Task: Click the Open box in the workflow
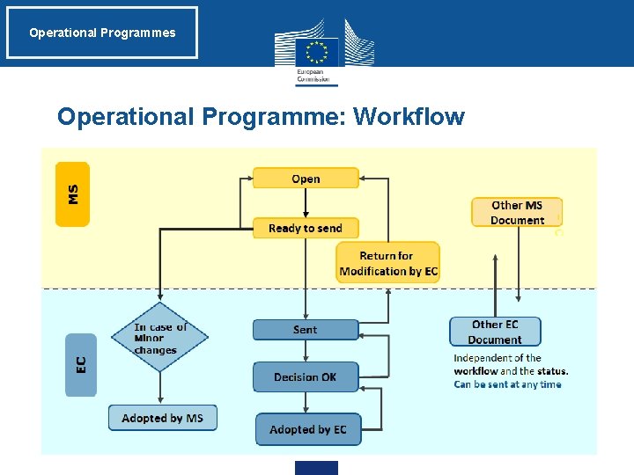[306, 179]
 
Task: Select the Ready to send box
[305, 228]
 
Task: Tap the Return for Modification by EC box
[387, 263]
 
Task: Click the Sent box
[305, 330]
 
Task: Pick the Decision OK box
[305, 377]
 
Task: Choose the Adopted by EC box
[308, 429]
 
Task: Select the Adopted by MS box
[162, 418]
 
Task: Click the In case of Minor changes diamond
[159, 338]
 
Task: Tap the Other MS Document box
[517, 213]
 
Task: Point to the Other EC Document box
[495, 332]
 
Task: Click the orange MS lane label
[72, 194]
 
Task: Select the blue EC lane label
[81, 363]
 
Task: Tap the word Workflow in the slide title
[409, 116]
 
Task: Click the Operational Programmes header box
[102, 33]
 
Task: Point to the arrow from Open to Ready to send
[306, 203]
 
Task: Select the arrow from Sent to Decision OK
[306, 351]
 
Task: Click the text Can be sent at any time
[507, 384]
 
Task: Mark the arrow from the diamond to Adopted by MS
[159, 388]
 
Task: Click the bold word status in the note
[551, 371]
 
